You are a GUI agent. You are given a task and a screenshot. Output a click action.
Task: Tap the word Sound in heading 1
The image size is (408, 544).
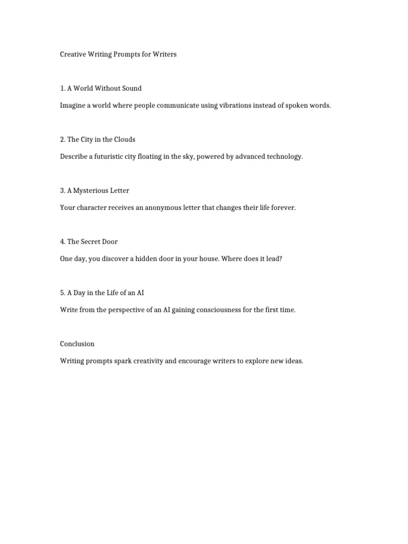tap(132, 88)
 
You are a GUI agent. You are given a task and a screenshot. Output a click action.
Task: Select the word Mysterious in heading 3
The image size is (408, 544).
tap(90, 190)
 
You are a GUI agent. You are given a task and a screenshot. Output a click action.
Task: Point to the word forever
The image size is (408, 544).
tap(283, 207)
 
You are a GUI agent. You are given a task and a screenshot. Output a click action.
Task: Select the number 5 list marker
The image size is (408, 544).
tap(62, 292)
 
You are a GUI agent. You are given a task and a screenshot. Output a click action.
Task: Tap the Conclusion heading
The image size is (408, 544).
tap(77, 343)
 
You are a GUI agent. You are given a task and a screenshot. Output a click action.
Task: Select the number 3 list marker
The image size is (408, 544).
tap(62, 190)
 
